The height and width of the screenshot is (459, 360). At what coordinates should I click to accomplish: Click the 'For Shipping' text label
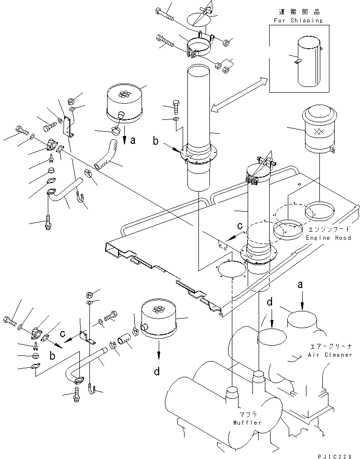298,21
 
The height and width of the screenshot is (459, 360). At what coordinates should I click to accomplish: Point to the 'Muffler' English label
248,423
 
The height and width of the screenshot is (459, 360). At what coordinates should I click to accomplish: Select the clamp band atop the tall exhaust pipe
200,44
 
